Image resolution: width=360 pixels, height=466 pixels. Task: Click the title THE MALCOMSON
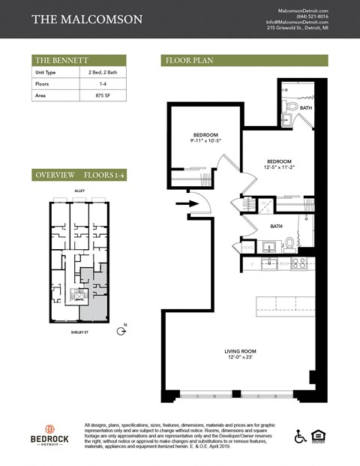(87, 19)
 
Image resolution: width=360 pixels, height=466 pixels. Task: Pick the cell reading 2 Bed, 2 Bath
(101, 73)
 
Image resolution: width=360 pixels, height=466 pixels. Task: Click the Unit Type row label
(46, 73)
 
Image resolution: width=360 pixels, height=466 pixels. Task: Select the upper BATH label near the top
(305, 108)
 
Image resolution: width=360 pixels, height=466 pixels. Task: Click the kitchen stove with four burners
(298, 263)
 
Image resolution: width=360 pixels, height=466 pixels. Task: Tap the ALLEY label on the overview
(79, 191)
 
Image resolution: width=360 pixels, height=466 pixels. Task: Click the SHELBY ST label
(79, 331)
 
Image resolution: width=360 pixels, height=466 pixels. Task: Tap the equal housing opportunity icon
(320, 436)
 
